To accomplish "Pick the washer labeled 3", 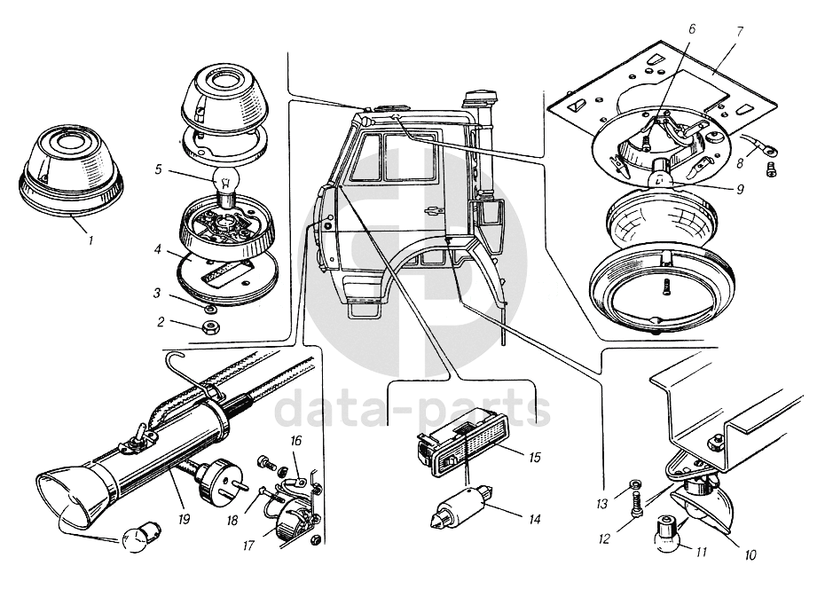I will click(210, 310).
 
